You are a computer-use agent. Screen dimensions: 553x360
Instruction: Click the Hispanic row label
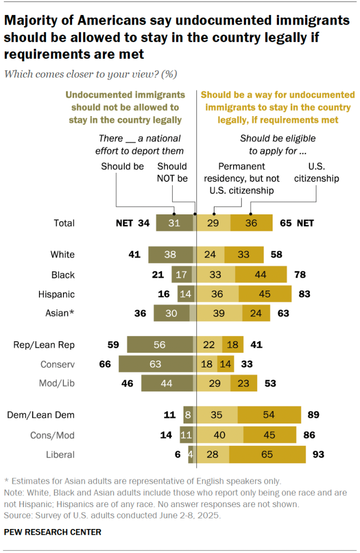point(57,294)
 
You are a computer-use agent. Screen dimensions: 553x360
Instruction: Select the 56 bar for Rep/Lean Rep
point(159,345)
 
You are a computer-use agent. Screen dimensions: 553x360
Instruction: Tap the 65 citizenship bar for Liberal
point(267,455)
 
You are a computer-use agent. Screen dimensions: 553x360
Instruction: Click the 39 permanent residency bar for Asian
point(219,314)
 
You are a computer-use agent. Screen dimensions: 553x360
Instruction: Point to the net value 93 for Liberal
point(318,455)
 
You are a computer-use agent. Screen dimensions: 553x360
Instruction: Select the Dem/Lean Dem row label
point(41,414)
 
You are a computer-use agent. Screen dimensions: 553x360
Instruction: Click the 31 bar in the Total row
point(174,223)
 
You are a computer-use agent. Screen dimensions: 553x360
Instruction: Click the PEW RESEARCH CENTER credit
point(53,532)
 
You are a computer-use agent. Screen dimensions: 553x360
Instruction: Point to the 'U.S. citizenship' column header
point(317,173)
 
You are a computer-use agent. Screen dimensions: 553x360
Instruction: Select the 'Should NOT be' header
point(172,173)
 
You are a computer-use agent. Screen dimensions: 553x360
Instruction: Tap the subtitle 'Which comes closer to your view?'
point(91,74)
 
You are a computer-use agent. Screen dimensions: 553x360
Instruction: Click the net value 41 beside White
point(134,254)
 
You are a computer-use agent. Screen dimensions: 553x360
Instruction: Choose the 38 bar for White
point(170,254)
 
